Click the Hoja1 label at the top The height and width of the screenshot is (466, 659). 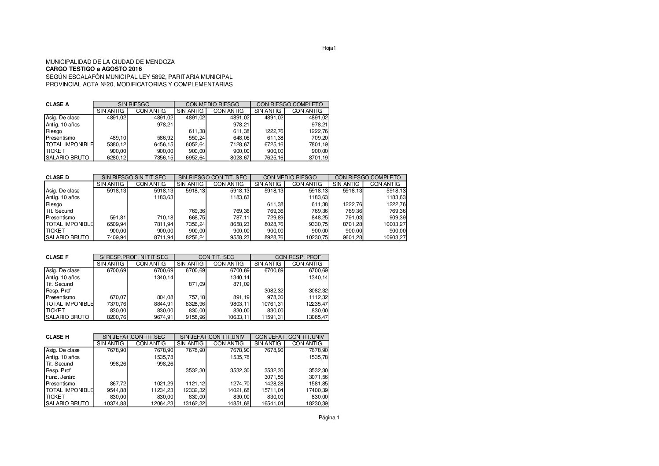coord(329,48)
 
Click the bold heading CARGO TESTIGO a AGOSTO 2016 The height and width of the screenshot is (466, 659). coord(94,70)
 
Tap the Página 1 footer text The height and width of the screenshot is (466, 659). coord(329,418)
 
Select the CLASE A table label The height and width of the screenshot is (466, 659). coord(57,104)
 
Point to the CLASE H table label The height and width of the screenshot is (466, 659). coord(57,337)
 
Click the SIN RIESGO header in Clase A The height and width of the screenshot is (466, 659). coord(133,104)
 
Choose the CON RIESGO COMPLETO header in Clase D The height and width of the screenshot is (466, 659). coord(368,178)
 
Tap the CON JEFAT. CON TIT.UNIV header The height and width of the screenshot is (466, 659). coord(290,337)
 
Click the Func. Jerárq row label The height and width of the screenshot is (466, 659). coord(61,377)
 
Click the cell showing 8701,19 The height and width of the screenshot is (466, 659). coord(316,158)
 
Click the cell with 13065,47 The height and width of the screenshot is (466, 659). coord(316,317)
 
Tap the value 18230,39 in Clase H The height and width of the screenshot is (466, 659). coord(316,403)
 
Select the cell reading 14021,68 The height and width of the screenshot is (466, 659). coord(238,390)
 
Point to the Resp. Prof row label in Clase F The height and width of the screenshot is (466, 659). coord(58,291)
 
